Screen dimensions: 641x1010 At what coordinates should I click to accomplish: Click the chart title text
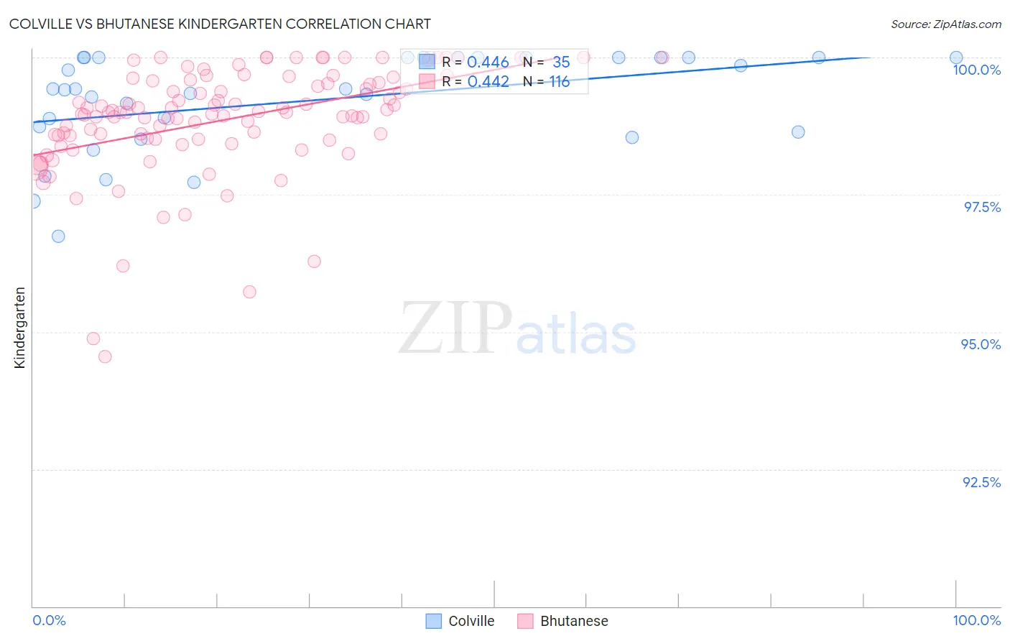pyautogui.click(x=220, y=24)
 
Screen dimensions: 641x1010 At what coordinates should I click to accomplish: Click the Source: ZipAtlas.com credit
pyautogui.click(x=945, y=24)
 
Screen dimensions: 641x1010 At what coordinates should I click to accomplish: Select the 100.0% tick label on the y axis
pyautogui.click(x=976, y=70)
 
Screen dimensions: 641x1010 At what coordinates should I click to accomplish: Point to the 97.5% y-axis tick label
pyautogui.click(x=982, y=207)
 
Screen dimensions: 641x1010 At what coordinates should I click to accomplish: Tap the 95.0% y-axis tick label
pyautogui.click(x=981, y=344)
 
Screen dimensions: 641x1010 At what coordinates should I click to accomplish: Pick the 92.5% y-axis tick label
pyautogui.click(x=981, y=482)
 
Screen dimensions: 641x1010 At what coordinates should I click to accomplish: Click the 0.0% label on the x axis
pyautogui.click(x=49, y=620)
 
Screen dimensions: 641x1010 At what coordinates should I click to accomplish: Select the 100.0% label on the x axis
pyautogui.click(x=976, y=620)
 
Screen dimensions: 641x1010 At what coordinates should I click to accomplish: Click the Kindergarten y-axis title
pyautogui.click(x=19, y=328)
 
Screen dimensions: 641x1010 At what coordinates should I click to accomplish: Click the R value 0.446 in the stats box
pyautogui.click(x=488, y=63)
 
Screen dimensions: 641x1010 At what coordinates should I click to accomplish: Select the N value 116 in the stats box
pyautogui.click(x=560, y=82)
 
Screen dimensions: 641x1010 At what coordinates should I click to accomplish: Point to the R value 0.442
pyautogui.click(x=488, y=82)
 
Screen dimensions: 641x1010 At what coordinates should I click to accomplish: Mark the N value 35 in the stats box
pyautogui.click(x=561, y=63)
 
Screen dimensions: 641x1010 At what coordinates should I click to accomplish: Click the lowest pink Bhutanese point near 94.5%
pyautogui.click(x=105, y=356)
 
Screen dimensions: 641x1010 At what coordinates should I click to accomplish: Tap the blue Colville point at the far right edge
pyautogui.click(x=956, y=57)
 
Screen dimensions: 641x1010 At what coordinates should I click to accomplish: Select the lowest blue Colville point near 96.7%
pyautogui.click(x=58, y=236)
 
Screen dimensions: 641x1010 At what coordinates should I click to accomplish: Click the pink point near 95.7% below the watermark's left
pyautogui.click(x=249, y=292)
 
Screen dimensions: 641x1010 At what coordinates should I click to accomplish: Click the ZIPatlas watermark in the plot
pyautogui.click(x=517, y=329)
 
